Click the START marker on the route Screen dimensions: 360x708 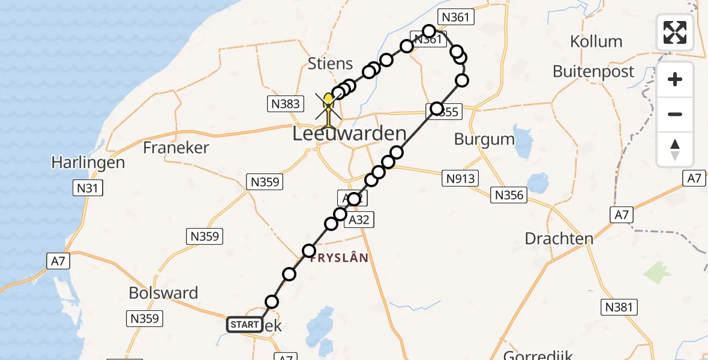(x=245, y=325)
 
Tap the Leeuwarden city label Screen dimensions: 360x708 (x=349, y=134)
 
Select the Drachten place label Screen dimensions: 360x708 (x=559, y=238)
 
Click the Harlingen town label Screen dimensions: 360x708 (x=88, y=162)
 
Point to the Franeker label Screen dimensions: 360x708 (x=176, y=148)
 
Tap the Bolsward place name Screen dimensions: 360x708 (x=163, y=293)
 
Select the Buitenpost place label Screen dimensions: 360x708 (x=593, y=71)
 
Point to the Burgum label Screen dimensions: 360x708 (x=484, y=139)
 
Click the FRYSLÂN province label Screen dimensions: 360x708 (x=338, y=257)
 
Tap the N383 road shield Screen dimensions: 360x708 (x=284, y=104)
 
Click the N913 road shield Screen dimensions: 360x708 (x=460, y=178)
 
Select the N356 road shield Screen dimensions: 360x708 (x=509, y=194)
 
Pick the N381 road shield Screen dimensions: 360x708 (x=618, y=308)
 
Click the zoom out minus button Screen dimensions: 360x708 (x=675, y=115)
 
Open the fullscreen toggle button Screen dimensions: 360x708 (x=675, y=32)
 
